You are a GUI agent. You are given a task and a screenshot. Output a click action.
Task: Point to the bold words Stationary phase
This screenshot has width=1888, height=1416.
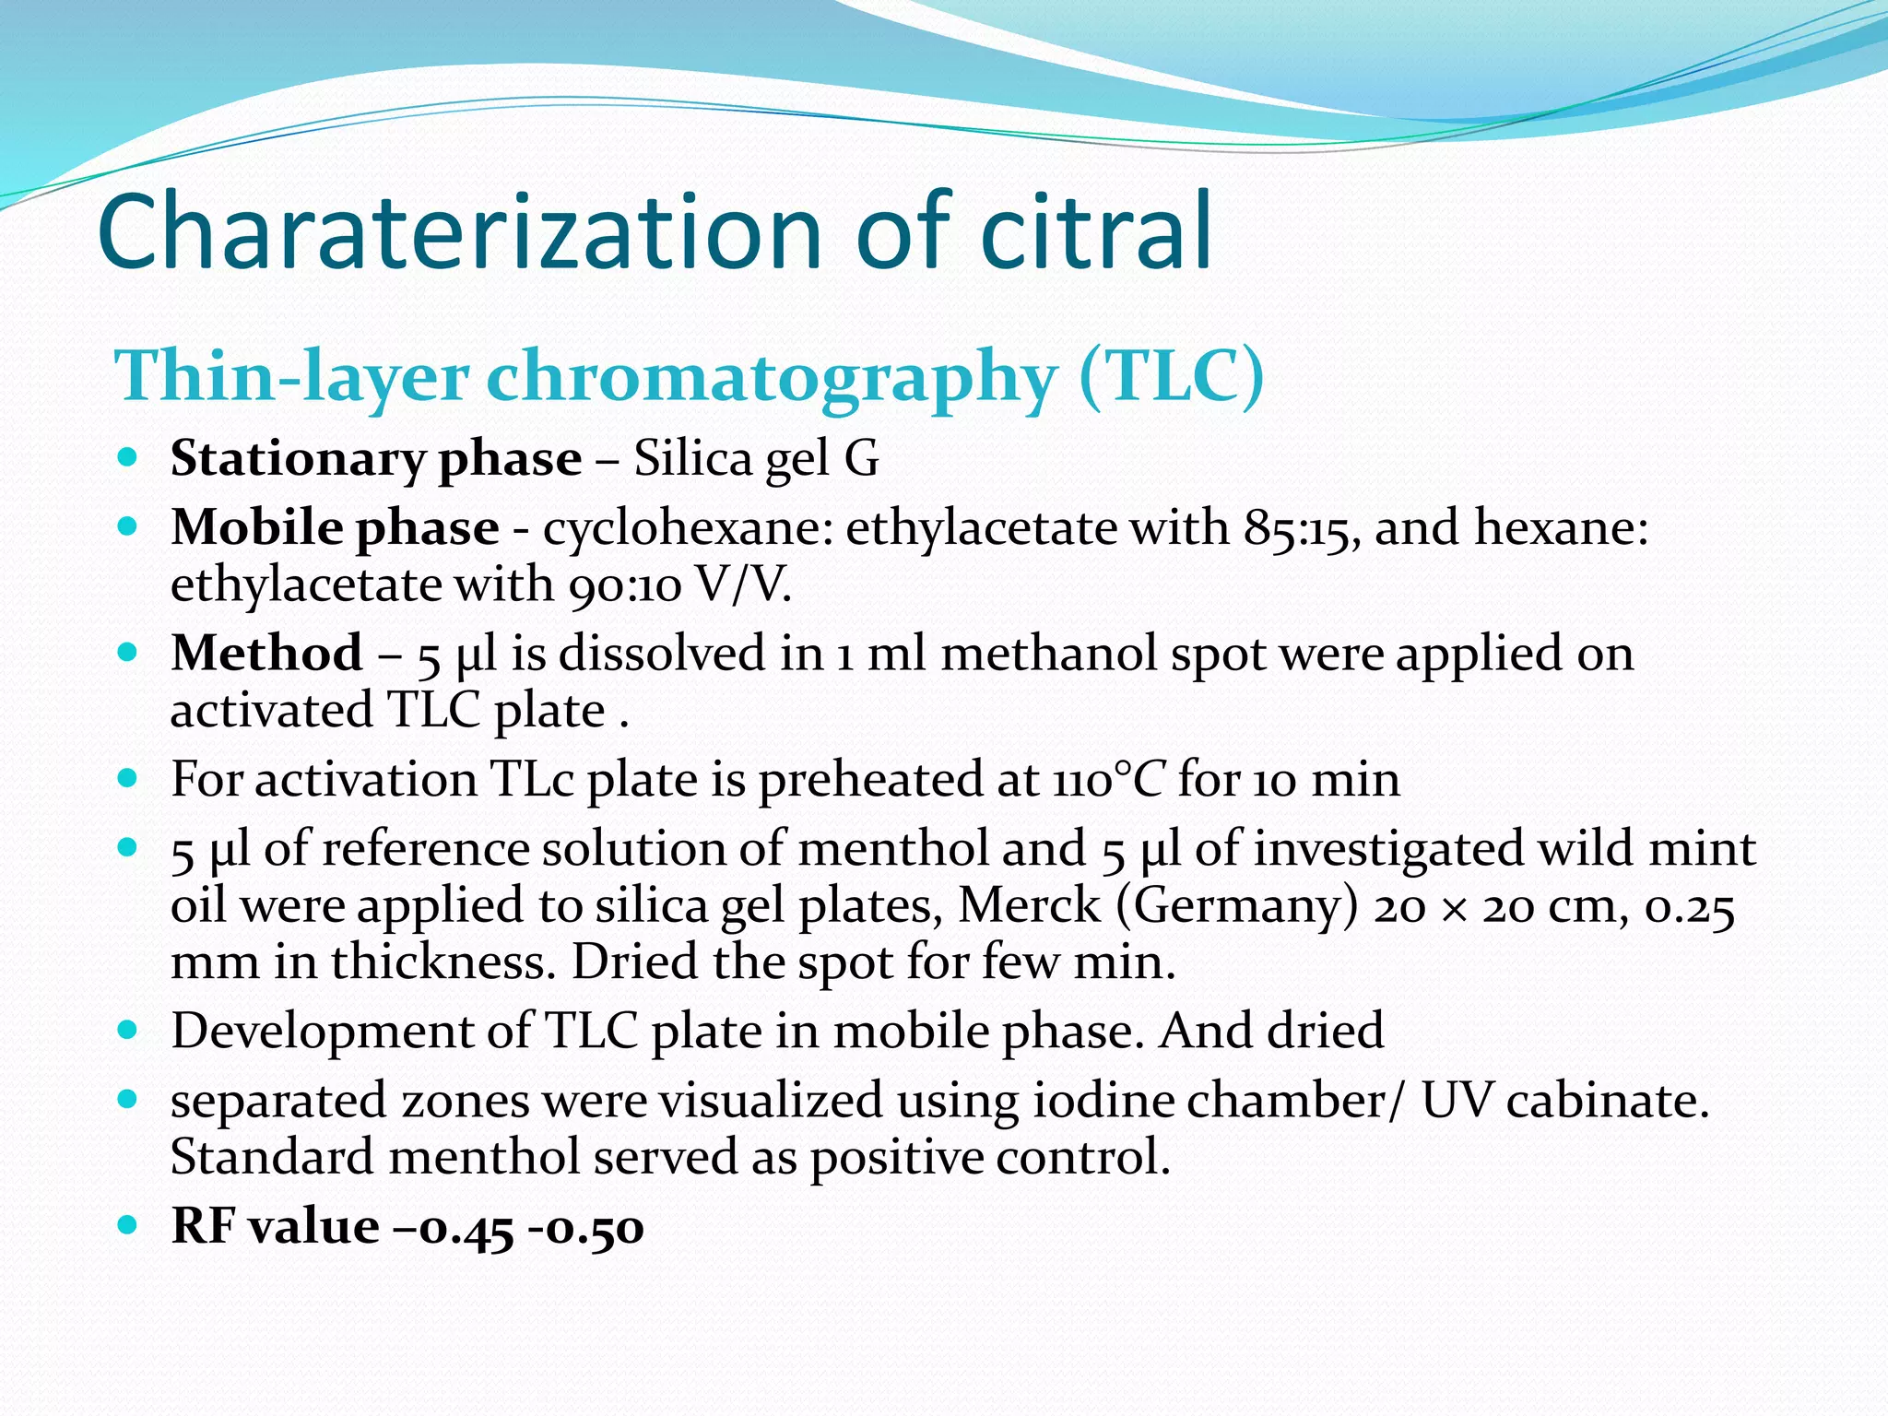[375, 458]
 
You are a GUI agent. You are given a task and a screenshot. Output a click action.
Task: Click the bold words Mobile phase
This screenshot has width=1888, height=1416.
[335, 528]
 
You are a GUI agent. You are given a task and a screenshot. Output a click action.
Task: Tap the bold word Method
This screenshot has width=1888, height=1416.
[266, 654]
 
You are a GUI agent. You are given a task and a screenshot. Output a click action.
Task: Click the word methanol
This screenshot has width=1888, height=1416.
[1048, 654]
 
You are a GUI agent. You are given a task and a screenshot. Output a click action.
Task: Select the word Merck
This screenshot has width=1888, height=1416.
[1029, 905]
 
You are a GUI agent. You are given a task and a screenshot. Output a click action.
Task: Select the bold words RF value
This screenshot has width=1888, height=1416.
[275, 1226]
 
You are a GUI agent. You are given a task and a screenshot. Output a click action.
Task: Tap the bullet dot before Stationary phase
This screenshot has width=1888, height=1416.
[128, 456]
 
